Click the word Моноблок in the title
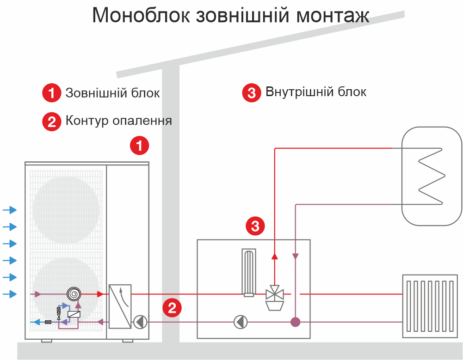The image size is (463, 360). (x=141, y=15)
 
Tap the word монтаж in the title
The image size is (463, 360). (x=333, y=16)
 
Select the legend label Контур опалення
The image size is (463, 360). (x=119, y=121)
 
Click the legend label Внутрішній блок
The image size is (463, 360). (x=316, y=92)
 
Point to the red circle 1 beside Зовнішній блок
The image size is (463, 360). (x=52, y=93)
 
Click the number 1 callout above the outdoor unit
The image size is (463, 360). (x=139, y=146)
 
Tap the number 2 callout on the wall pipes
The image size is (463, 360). (x=172, y=308)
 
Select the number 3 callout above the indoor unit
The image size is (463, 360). (x=255, y=226)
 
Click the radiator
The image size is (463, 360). (x=430, y=306)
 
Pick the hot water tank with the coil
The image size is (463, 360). (x=432, y=176)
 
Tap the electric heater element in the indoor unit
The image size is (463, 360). (x=249, y=273)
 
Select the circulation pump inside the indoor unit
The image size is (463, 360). (x=241, y=322)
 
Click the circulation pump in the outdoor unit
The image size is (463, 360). (x=140, y=322)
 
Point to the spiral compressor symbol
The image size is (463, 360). (x=74, y=294)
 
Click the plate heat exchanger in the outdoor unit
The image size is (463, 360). (x=120, y=306)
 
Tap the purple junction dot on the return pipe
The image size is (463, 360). (x=295, y=322)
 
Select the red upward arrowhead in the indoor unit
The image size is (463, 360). (x=275, y=256)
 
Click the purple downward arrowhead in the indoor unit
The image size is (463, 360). (x=295, y=256)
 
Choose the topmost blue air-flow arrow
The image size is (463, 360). (x=10, y=210)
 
